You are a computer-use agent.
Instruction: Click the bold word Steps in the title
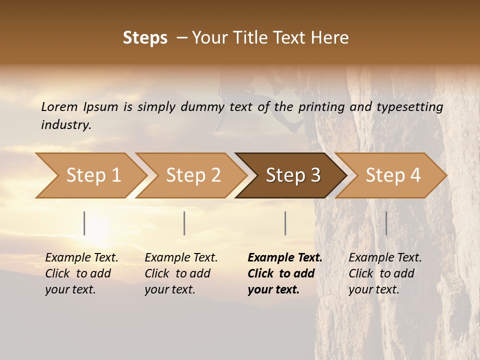point(145,38)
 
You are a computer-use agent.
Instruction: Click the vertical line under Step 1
point(84,223)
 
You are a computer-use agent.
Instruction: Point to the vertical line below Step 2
point(184,223)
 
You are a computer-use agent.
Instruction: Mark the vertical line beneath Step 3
point(285,223)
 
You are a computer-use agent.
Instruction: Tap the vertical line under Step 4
point(386,223)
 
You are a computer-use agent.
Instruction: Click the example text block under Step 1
point(81,273)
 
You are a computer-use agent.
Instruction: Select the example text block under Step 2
point(181,273)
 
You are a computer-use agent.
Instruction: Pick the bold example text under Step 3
point(285,273)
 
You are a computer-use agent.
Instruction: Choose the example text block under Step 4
point(385,273)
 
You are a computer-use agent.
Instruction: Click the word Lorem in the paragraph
point(59,106)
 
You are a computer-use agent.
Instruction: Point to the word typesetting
point(409,106)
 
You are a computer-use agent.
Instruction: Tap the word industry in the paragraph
point(66,125)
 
